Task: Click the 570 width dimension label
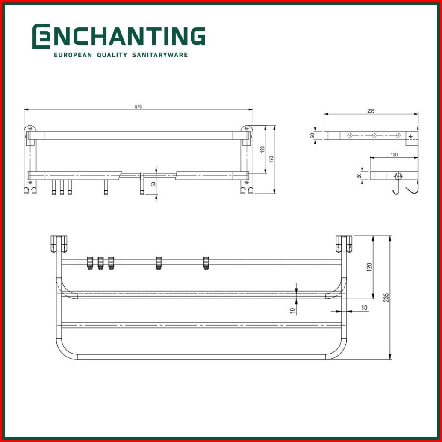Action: coord(138,106)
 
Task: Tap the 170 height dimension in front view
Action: coord(271,159)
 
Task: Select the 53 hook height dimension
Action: coord(153,184)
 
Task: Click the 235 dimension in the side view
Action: coord(371,111)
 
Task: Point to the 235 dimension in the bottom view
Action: coord(386,298)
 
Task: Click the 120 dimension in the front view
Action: coord(262,150)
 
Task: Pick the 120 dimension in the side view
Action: coord(394,154)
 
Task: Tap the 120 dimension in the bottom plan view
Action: coord(369,267)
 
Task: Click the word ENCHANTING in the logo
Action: coord(119,36)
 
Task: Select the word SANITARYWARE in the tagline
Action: coord(160,55)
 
